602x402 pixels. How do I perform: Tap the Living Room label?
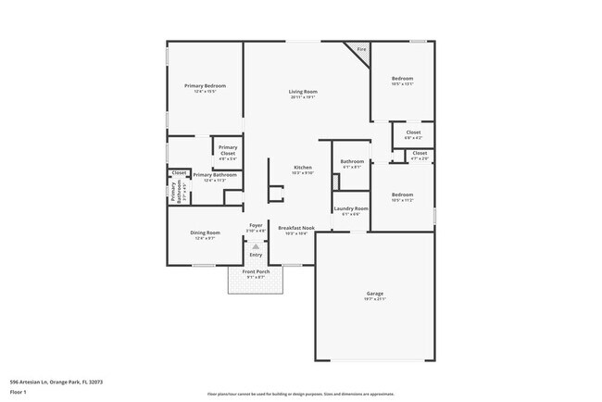click(303, 92)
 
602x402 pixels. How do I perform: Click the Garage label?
click(374, 294)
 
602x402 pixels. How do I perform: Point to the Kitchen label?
click(303, 167)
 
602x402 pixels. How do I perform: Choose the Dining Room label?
click(205, 232)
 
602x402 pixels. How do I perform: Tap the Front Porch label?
click(255, 271)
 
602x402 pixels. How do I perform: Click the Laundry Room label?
click(351, 208)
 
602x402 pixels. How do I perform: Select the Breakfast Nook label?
click(296, 227)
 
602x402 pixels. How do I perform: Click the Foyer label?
click(257, 225)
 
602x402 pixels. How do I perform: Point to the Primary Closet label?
click(227, 150)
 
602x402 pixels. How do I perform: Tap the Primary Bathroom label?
click(215, 174)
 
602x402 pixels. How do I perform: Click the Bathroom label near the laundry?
click(352, 162)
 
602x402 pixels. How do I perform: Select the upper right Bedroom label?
click(402, 78)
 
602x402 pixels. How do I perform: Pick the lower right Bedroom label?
click(402, 195)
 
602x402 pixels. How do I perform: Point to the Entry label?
click(256, 255)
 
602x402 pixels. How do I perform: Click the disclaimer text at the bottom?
click(301, 394)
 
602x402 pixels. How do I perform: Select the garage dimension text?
click(374, 299)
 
